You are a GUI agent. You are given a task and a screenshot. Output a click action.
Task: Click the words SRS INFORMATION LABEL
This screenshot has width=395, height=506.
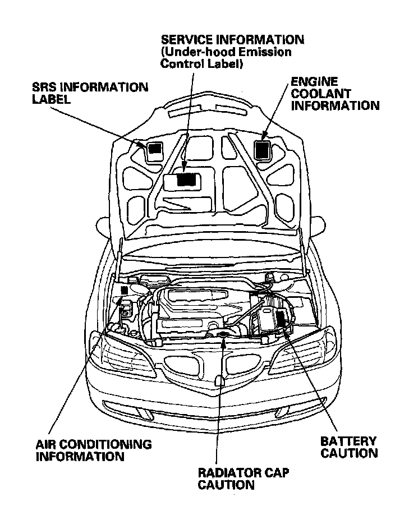click(x=90, y=93)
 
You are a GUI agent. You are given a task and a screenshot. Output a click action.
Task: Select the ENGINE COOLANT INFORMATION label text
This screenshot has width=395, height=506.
click(x=334, y=93)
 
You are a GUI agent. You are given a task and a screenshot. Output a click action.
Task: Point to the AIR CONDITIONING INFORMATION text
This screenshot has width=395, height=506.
click(x=93, y=450)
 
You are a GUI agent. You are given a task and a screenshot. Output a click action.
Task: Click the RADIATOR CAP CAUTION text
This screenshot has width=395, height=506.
click(x=244, y=479)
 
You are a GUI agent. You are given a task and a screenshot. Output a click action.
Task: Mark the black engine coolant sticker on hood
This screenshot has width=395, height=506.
click(x=262, y=149)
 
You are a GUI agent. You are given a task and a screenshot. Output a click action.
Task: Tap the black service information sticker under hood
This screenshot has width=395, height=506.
click(x=187, y=180)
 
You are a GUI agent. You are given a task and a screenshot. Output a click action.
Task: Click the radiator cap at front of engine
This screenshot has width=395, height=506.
click(x=223, y=335)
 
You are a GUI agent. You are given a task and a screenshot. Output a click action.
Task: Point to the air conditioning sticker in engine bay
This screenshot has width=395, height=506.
click(x=124, y=290)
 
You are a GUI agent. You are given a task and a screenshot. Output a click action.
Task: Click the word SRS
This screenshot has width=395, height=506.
click(x=45, y=87)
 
